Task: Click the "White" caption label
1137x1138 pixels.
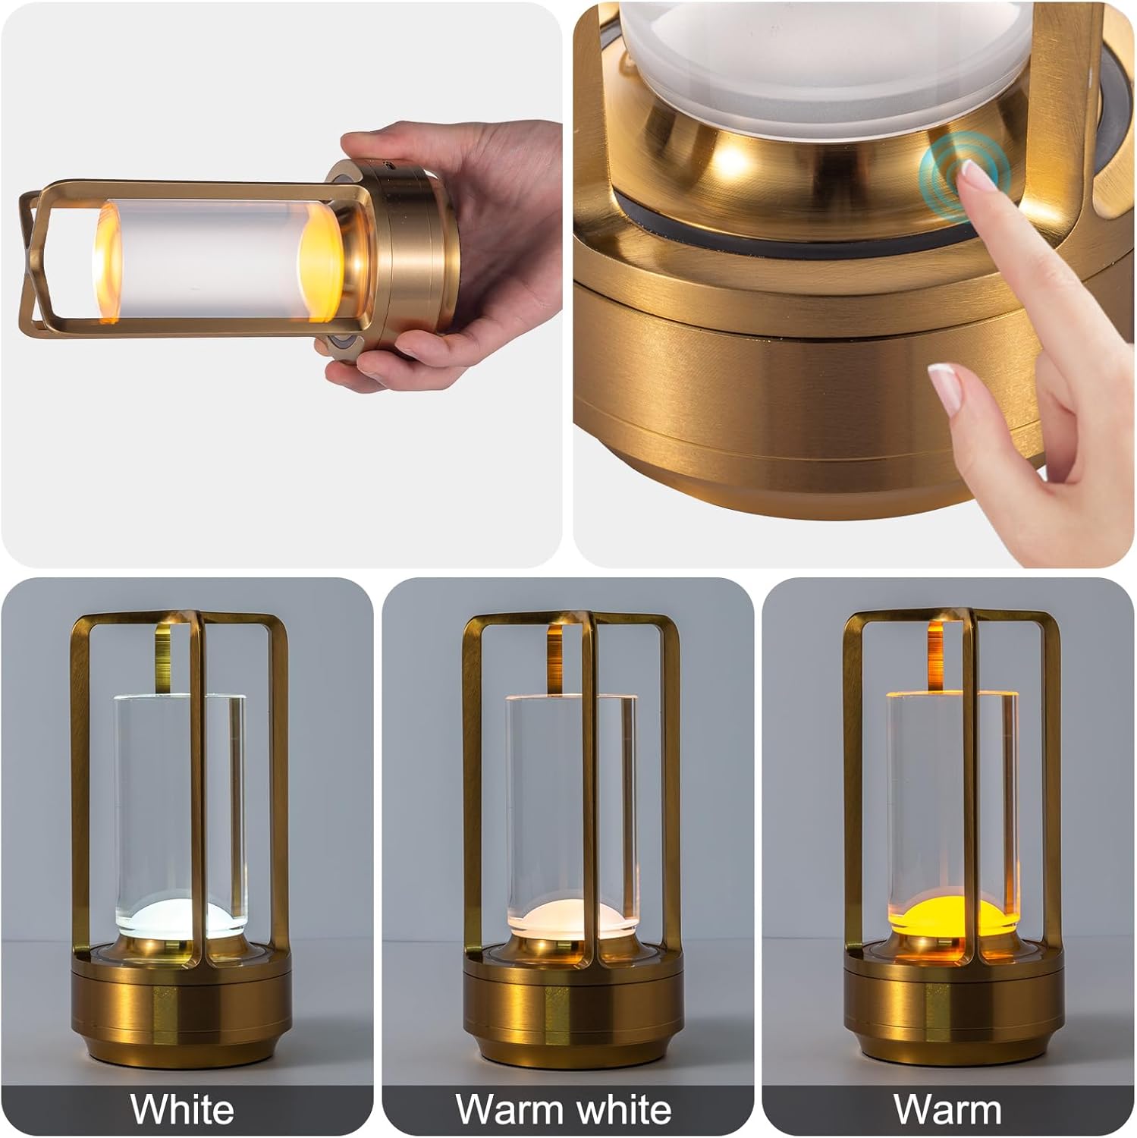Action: click(x=183, y=1109)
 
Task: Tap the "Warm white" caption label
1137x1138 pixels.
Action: click(x=564, y=1109)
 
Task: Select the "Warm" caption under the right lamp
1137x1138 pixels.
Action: click(x=948, y=1109)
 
